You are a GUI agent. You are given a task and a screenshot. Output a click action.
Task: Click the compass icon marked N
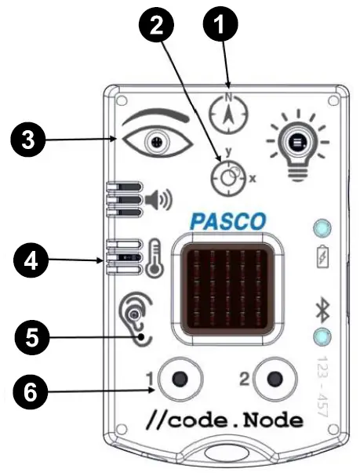229,114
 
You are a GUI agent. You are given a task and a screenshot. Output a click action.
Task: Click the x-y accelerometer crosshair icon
227,177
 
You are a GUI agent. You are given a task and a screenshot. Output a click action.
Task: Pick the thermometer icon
154,260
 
